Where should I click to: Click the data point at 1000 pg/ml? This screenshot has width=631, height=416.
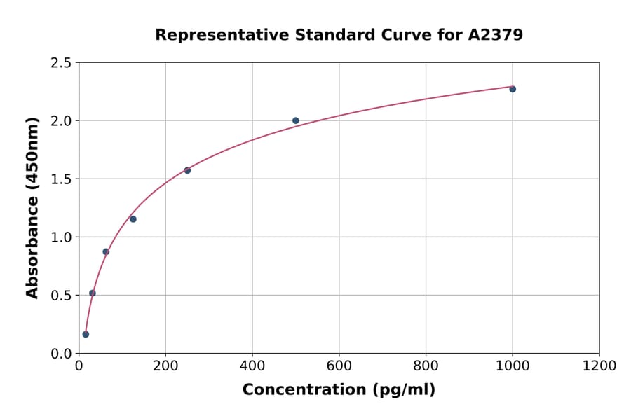pos(513,89)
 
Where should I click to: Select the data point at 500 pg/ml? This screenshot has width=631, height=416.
pos(296,120)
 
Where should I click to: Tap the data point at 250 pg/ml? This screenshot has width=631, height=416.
pos(187,170)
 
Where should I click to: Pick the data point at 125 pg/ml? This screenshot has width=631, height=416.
pos(133,219)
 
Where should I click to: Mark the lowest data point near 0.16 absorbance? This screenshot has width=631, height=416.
pos(86,334)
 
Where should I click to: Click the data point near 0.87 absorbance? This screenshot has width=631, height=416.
pos(106,251)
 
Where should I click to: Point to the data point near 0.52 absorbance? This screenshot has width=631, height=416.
pos(93,293)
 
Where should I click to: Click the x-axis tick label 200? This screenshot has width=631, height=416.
pos(165,366)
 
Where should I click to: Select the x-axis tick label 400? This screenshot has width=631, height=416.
pos(252,366)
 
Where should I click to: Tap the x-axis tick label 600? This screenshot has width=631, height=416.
pos(339,366)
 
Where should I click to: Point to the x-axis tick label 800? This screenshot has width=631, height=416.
pos(426,366)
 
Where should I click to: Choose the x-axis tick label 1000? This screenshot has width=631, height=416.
pos(513,366)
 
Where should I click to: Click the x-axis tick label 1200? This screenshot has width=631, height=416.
pos(599,366)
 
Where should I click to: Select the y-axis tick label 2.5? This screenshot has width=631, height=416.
pos(61,63)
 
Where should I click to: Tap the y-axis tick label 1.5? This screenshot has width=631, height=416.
pos(61,179)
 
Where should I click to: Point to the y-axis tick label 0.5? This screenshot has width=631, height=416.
pos(61,296)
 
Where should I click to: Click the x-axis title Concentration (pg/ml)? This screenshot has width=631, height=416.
pos(339,390)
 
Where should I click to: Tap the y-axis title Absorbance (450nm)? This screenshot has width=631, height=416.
pos(32,207)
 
